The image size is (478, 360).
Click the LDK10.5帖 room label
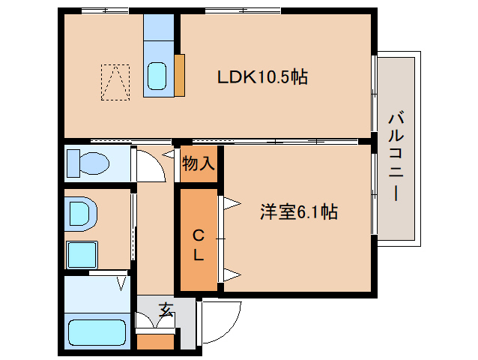tap(262, 77)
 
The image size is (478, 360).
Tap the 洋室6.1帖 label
tap(299, 211)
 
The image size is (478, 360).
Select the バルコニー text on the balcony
tap(396, 157)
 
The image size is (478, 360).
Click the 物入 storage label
tap(198, 163)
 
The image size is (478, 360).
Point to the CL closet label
tap(199, 245)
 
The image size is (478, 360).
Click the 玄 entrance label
tap(166, 310)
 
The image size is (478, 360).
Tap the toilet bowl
tap(88, 163)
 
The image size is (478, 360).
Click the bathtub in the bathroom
tap(97, 332)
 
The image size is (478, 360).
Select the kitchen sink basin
tap(157, 76)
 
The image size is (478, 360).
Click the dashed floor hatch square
tap(115, 82)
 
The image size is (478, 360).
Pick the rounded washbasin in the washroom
tap(81, 214)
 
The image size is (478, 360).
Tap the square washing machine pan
tap(82, 255)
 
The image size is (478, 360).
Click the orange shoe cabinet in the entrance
tap(156, 342)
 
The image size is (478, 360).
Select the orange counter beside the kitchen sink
tap(180, 75)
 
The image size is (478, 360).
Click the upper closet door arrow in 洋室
tap(232, 203)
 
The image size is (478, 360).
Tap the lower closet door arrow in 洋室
tap(232, 275)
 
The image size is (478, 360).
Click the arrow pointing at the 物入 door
tap(168, 154)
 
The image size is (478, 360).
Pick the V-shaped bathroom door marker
tap(121, 283)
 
